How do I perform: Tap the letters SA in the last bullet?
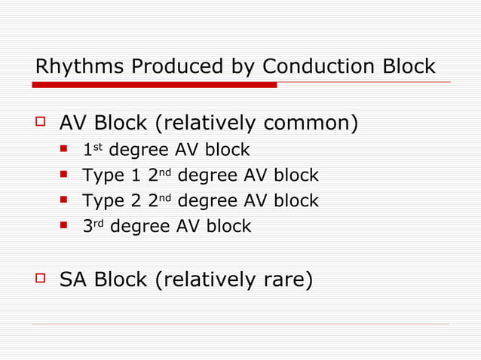point(72,280)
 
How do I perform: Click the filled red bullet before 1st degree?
point(65,150)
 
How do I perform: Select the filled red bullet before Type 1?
point(65,175)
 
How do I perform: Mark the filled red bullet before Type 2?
point(65,200)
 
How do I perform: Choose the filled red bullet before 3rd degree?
point(65,225)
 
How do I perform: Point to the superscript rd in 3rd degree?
point(99,222)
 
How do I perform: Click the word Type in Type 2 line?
point(103,201)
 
